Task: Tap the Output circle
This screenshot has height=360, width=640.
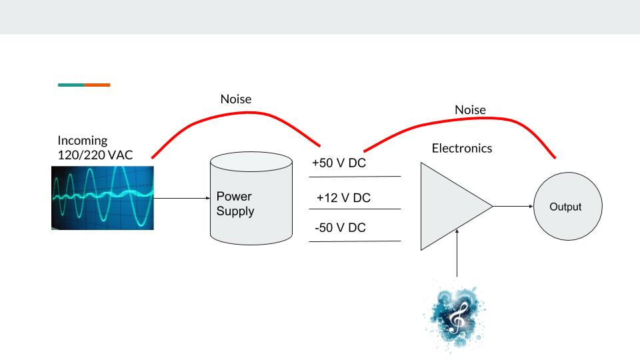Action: (x=565, y=207)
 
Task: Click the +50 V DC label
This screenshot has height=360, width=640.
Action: (x=339, y=163)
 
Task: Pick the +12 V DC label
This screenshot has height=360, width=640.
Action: (x=343, y=198)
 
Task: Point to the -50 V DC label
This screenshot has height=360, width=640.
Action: (x=340, y=228)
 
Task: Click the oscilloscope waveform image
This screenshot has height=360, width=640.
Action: (x=103, y=197)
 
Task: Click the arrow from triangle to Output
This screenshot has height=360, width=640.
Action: (x=513, y=206)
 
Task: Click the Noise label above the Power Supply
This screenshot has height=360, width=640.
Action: (x=236, y=99)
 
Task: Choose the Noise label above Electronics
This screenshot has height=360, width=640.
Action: (x=470, y=109)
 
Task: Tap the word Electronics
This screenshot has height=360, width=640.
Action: (x=462, y=148)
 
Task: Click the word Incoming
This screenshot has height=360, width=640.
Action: (x=83, y=141)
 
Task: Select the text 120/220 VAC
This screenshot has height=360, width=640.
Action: (x=95, y=155)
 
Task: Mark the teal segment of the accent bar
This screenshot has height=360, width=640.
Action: (x=71, y=85)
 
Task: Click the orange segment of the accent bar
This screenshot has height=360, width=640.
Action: (x=97, y=85)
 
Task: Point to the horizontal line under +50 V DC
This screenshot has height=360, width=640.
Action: (x=355, y=177)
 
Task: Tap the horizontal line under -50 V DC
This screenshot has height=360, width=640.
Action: (x=355, y=241)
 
